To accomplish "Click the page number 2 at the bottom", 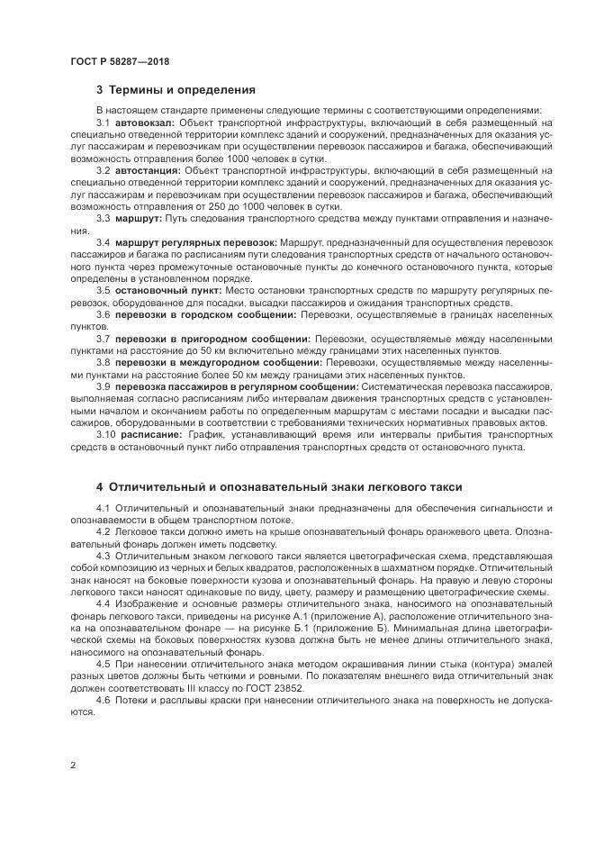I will pos(73,765).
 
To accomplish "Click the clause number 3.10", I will pos(106,435).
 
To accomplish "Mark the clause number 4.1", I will pos(103,510).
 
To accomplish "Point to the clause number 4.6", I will pos(103,700).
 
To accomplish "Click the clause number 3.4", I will pos(103,242).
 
